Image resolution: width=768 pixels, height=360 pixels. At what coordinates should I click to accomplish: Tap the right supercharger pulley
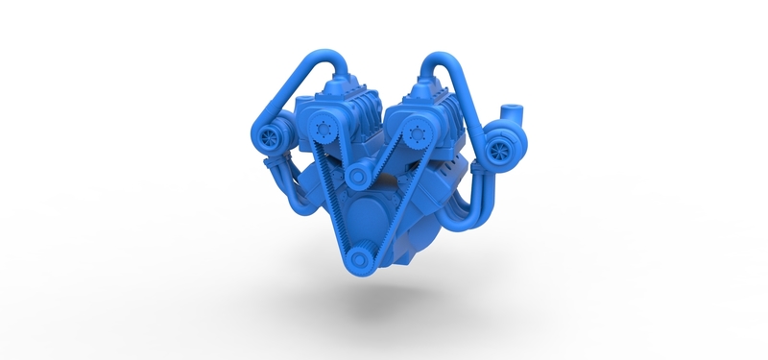pos(417,132)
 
